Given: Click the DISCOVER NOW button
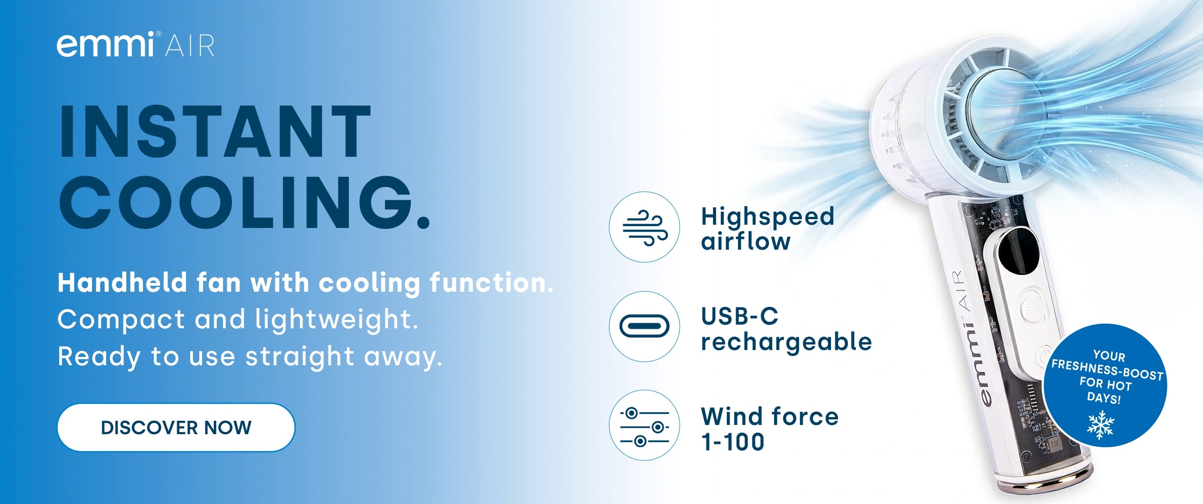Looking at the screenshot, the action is pyautogui.click(x=176, y=427).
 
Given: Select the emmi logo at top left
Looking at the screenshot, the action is pyautogui.click(x=105, y=44).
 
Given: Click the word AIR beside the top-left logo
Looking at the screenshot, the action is pyautogui.click(x=190, y=46).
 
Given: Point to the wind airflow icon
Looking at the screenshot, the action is pyautogui.click(x=645, y=227).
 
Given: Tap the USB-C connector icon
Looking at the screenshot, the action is pyautogui.click(x=645, y=326).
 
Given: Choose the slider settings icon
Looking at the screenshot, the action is pyautogui.click(x=645, y=426).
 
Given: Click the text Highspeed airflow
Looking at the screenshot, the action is pyautogui.click(x=768, y=229).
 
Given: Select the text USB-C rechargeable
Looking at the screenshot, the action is pyautogui.click(x=787, y=329).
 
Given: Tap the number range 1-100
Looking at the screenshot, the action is pyautogui.click(x=733, y=442).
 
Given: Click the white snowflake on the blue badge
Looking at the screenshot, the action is pyautogui.click(x=1101, y=424).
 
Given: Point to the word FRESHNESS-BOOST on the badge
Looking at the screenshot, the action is pyautogui.click(x=1107, y=370).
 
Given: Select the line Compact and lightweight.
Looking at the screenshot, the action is pyautogui.click(x=238, y=320).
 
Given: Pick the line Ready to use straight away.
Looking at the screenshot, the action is pyautogui.click(x=250, y=357).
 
